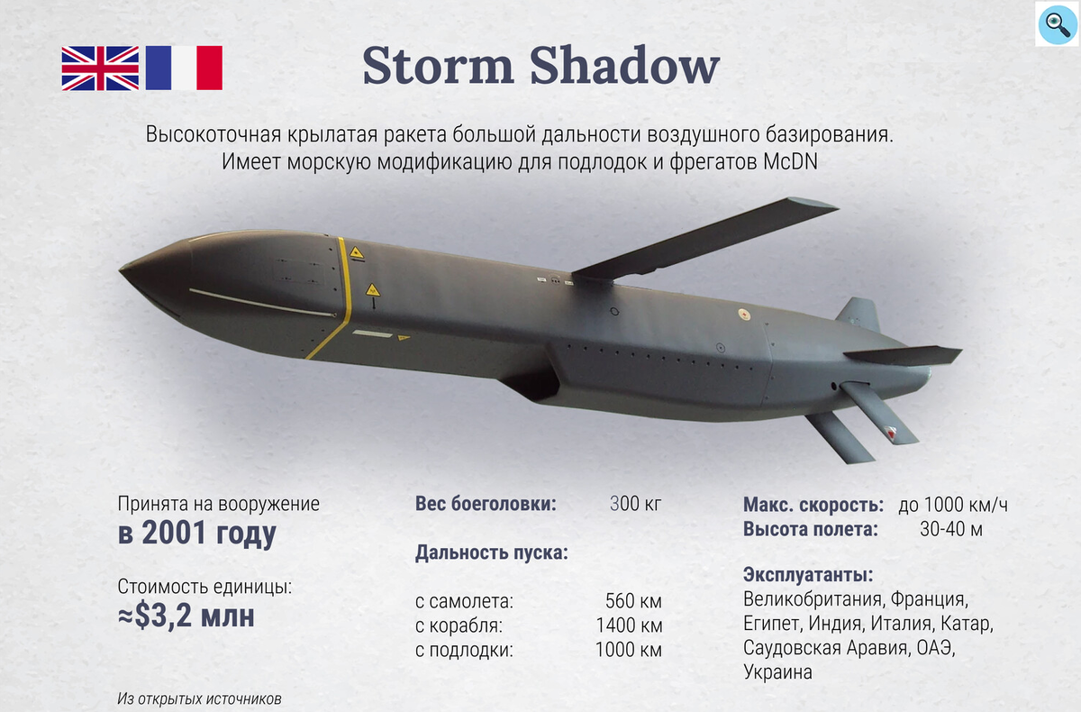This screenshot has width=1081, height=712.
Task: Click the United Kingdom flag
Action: click(x=100, y=68)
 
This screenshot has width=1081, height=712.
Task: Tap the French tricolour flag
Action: click(x=184, y=68)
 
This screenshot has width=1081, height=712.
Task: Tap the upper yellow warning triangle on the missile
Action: click(x=357, y=253)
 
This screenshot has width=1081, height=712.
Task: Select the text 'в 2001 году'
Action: click(x=196, y=534)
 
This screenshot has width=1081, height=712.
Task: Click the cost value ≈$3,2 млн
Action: click(x=186, y=616)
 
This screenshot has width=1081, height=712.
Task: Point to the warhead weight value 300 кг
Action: click(x=635, y=505)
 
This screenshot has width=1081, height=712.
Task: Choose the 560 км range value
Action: click(x=634, y=601)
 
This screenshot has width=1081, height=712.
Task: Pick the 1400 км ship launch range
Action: click(x=629, y=625)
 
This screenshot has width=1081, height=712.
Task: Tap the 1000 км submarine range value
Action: click(x=629, y=650)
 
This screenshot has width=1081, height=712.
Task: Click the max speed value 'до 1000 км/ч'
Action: click(x=953, y=505)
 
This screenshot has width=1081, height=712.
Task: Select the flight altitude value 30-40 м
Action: click(x=951, y=529)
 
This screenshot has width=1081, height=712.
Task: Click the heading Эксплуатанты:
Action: click(x=809, y=575)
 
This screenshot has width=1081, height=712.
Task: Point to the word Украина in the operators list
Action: click(x=777, y=672)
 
